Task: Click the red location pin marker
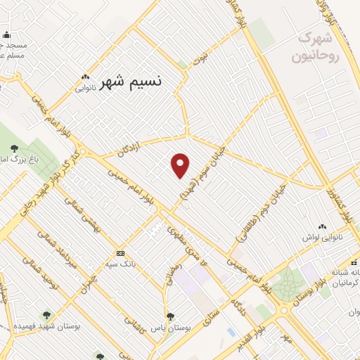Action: point(181,165)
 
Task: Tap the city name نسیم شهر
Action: point(131,82)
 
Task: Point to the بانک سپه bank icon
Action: point(120,252)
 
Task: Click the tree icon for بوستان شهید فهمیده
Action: point(46,316)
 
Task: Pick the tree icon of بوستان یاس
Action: point(170,316)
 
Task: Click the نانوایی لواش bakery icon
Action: point(323,226)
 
